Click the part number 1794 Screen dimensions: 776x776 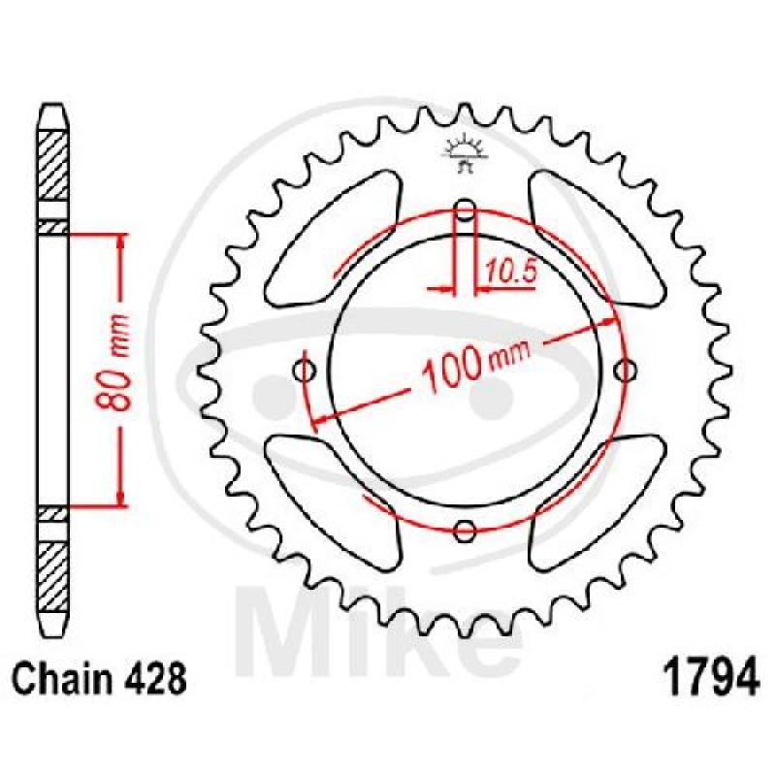pyautogui.click(x=710, y=675)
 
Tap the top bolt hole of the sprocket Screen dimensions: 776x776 pyautogui.click(x=465, y=210)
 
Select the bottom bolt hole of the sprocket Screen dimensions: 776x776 pyautogui.click(x=465, y=531)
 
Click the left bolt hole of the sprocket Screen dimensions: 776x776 pyautogui.click(x=305, y=370)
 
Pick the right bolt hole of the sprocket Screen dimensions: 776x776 pyautogui.click(x=625, y=370)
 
